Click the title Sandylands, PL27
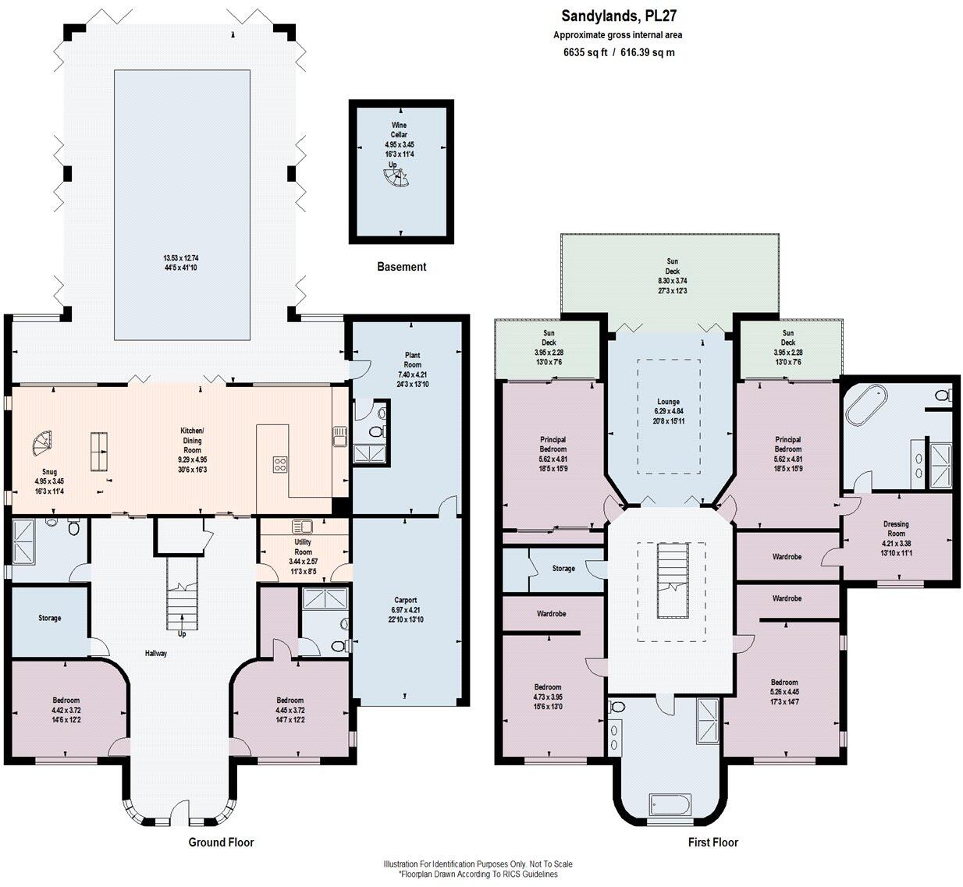(613, 16)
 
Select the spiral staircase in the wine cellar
(396, 181)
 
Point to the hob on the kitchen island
(280, 464)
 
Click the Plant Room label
(412, 360)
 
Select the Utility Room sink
(301, 527)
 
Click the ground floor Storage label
(49, 618)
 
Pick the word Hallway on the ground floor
(155, 653)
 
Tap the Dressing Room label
(896, 529)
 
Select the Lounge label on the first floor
(668, 402)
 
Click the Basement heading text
(401, 267)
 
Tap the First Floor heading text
(712, 842)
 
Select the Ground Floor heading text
(221, 842)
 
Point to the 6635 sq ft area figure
(585, 53)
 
